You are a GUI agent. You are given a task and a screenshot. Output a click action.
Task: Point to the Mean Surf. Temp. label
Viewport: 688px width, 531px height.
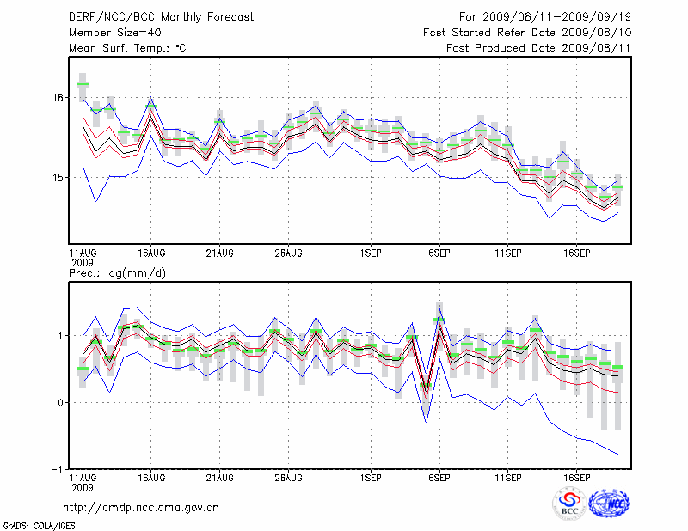coord(126,48)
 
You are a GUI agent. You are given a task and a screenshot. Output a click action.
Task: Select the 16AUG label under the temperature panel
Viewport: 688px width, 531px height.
coord(150,253)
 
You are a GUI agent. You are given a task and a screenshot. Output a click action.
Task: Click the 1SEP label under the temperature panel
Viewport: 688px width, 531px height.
coord(371,253)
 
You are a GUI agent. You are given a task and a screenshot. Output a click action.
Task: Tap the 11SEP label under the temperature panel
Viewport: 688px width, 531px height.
coord(508,253)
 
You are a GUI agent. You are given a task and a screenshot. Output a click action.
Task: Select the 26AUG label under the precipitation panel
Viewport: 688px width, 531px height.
coord(288,478)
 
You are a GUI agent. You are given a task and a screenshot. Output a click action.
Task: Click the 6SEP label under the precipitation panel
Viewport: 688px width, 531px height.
coord(439,478)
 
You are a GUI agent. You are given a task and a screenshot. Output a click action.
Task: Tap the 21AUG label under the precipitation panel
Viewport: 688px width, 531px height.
coord(219,478)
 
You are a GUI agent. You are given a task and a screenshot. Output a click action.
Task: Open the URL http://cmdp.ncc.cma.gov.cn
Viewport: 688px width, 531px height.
coord(142,507)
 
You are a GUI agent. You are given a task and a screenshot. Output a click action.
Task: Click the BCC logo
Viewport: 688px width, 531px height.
coord(569,504)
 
